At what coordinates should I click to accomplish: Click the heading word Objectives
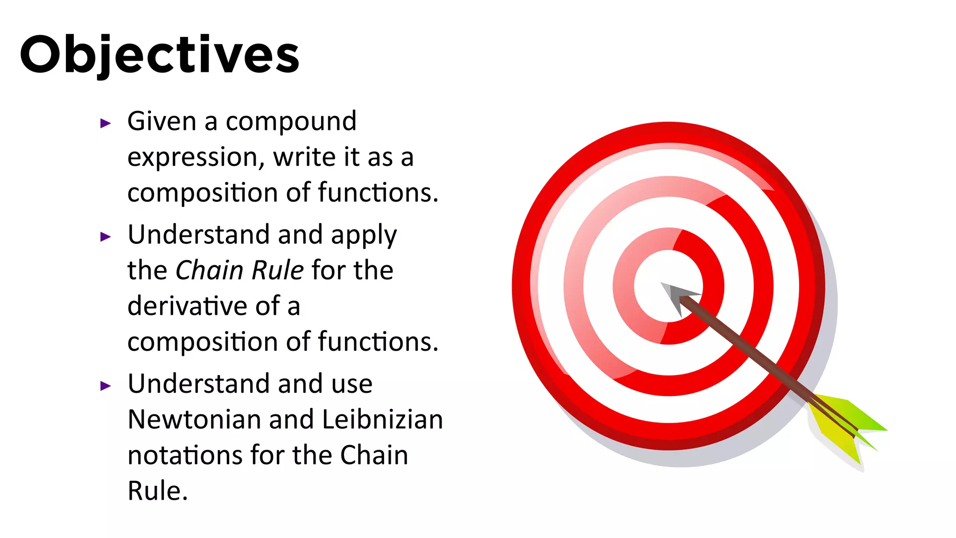click(x=159, y=55)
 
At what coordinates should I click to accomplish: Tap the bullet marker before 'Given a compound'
click(x=106, y=123)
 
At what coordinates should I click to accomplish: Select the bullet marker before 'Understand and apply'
click(x=106, y=237)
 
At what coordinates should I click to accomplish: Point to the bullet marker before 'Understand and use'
click(x=106, y=386)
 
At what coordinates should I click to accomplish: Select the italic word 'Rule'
click(x=278, y=270)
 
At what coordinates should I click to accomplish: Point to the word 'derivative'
click(x=188, y=306)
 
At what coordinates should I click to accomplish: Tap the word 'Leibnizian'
click(x=382, y=419)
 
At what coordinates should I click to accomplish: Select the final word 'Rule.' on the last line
click(x=158, y=491)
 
